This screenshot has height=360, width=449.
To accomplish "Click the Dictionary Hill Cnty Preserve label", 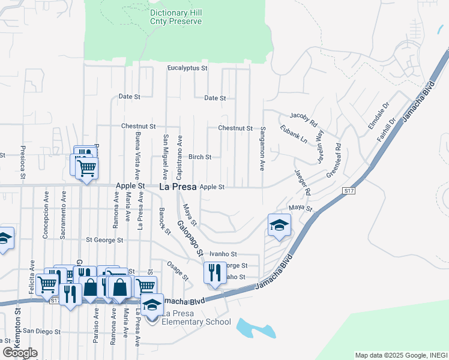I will tap(176, 17).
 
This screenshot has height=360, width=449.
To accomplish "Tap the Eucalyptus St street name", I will tap(187, 68).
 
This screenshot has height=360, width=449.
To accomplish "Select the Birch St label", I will tap(200, 157).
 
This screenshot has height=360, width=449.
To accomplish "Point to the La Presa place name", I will tap(178, 187).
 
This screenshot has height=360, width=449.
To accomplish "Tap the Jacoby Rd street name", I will tap(303, 118).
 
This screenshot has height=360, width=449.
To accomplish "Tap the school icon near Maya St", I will tap(279, 226).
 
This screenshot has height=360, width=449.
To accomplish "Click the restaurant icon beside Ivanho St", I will tap(215, 273).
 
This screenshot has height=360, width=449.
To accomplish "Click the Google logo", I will tap(20, 353).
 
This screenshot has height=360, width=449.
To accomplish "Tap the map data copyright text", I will tap(401, 355).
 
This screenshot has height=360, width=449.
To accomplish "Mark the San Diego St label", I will tap(41, 331).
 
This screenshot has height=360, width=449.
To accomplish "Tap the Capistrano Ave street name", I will tap(179, 157).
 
